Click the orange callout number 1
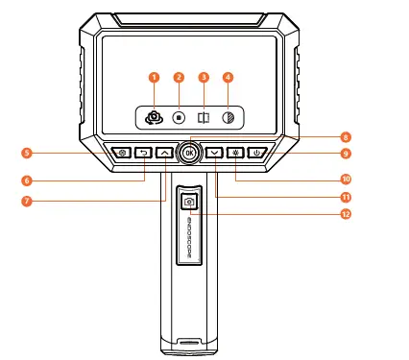click(x=153, y=77)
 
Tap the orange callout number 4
click(x=228, y=77)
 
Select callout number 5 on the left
click(x=27, y=154)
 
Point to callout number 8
click(x=344, y=137)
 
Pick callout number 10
click(x=344, y=178)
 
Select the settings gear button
click(x=122, y=153)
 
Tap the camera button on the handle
click(x=189, y=201)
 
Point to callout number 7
click(x=27, y=201)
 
